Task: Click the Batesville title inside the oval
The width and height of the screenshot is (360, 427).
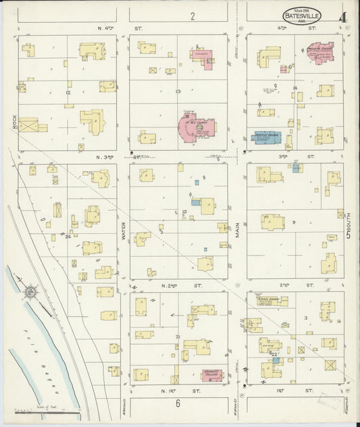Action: (x=301, y=14)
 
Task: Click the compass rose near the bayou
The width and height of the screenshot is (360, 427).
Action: (x=31, y=292)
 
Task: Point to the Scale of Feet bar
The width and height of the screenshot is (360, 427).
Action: (x=47, y=407)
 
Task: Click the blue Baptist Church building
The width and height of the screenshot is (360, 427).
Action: (x=268, y=136)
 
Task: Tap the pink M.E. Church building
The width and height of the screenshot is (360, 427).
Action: (x=197, y=127)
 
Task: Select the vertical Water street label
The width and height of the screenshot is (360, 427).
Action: (x=124, y=234)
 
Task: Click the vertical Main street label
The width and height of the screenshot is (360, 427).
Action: (x=238, y=234)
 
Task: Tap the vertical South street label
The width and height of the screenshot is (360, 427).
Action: (x=346, y=234)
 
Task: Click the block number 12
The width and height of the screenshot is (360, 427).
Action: (x=68, y=93)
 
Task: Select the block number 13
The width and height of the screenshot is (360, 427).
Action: (x=178, y=92)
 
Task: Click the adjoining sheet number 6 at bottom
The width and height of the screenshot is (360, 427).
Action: (x=178, y=404)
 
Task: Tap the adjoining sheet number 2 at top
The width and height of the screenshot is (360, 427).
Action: (x=192, y=16)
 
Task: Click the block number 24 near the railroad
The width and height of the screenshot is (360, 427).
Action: (x=68, y=236)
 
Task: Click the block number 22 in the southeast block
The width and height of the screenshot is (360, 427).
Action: (x=274, y=354)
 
